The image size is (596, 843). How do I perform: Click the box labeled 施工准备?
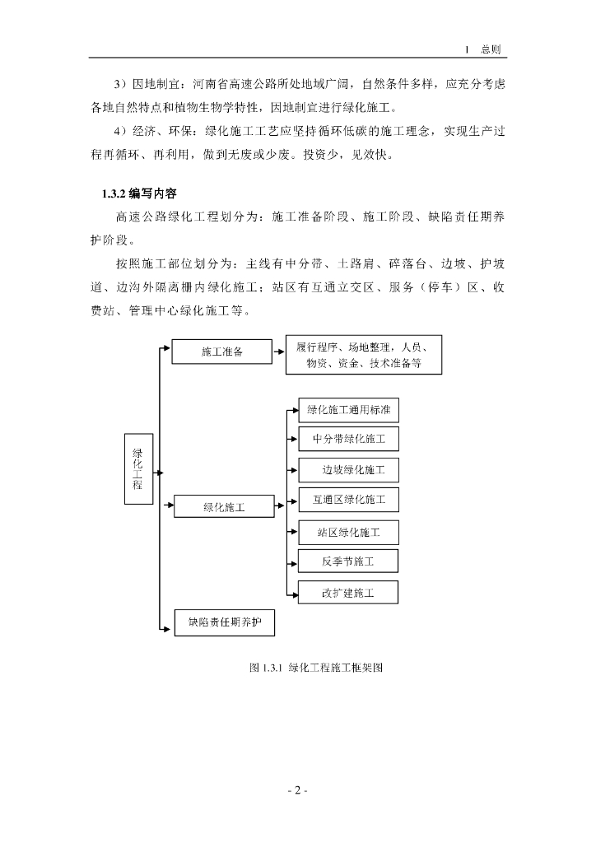tap(221, 352)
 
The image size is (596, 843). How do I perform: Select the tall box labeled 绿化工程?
tap(137, 468)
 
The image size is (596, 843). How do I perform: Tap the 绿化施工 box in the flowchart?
tap(223, 506)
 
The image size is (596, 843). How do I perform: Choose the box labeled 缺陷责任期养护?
tap(223, 622)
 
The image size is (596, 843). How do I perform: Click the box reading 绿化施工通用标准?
tap(349, 409)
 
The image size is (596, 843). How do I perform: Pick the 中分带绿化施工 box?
tap(349, 439)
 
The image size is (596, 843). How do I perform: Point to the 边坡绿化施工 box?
tap(349, 470)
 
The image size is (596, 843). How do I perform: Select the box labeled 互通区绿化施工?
tap(349, 500)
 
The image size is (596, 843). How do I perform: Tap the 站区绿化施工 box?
tap(349, 532)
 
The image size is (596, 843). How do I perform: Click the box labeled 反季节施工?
tap(349, 561)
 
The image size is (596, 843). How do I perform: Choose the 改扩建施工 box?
tap(349, 592)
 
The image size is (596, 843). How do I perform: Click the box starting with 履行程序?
tap(363, 355)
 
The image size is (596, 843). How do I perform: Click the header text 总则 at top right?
tap(494, 49)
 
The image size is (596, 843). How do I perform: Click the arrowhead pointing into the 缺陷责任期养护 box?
tap(170, 631)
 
